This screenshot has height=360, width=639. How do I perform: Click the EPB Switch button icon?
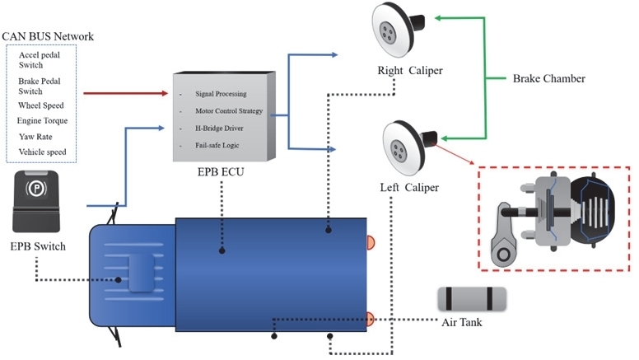(x=36, y=201)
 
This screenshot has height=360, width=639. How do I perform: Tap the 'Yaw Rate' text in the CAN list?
(x=35, y=137)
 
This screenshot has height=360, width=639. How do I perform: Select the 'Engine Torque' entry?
(x=42, y=120)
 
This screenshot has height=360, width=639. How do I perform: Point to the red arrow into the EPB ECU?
(x=125, y=93)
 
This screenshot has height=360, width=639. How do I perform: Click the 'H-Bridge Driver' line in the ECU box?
(x=219, y=128)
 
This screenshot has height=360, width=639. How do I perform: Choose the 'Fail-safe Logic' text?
(x=217, y=145)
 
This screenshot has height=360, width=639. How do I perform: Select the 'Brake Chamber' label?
(x=549, y=78)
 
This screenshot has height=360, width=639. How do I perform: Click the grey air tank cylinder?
(x=472, y=299)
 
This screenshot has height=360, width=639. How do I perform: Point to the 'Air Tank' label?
(x=462, y=322)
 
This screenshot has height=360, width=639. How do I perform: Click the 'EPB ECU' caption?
(x=221, y=172)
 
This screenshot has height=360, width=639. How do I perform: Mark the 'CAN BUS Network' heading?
(x=48, y=36)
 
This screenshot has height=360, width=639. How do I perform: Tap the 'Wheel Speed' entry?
(x=40, y=105)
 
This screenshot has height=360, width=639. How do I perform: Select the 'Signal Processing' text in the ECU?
(x=221, y=94)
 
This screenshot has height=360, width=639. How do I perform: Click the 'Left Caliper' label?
(x=409, y=188)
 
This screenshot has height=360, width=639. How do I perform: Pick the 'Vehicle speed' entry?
(x=42, y=152)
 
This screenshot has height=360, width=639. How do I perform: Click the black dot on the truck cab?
(x=119, y=280)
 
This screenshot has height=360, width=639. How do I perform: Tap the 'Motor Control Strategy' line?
(x=229, y=111)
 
